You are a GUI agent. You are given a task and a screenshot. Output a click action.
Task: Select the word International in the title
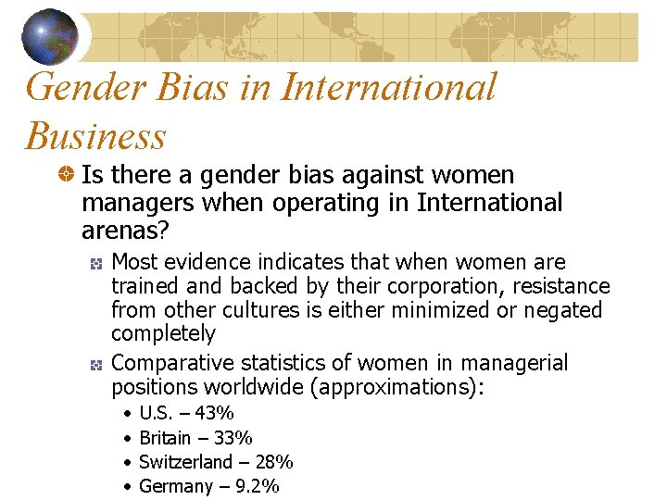pos(388,88)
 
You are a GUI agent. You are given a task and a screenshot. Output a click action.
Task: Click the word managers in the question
pos(137,202)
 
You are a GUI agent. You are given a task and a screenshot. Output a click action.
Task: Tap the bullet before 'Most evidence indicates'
pos(96,263)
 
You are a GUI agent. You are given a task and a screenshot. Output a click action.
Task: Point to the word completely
pos(163,333)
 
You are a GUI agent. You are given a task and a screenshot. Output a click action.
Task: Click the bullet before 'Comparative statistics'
pos(96,364)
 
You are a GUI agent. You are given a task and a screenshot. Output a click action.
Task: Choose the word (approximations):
pos(402,387)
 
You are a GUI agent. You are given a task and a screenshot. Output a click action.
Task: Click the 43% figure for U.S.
pos(214,413)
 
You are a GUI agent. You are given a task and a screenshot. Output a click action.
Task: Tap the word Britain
pos(165,437)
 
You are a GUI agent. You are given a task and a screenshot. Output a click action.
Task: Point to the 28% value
pos(273,461)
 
